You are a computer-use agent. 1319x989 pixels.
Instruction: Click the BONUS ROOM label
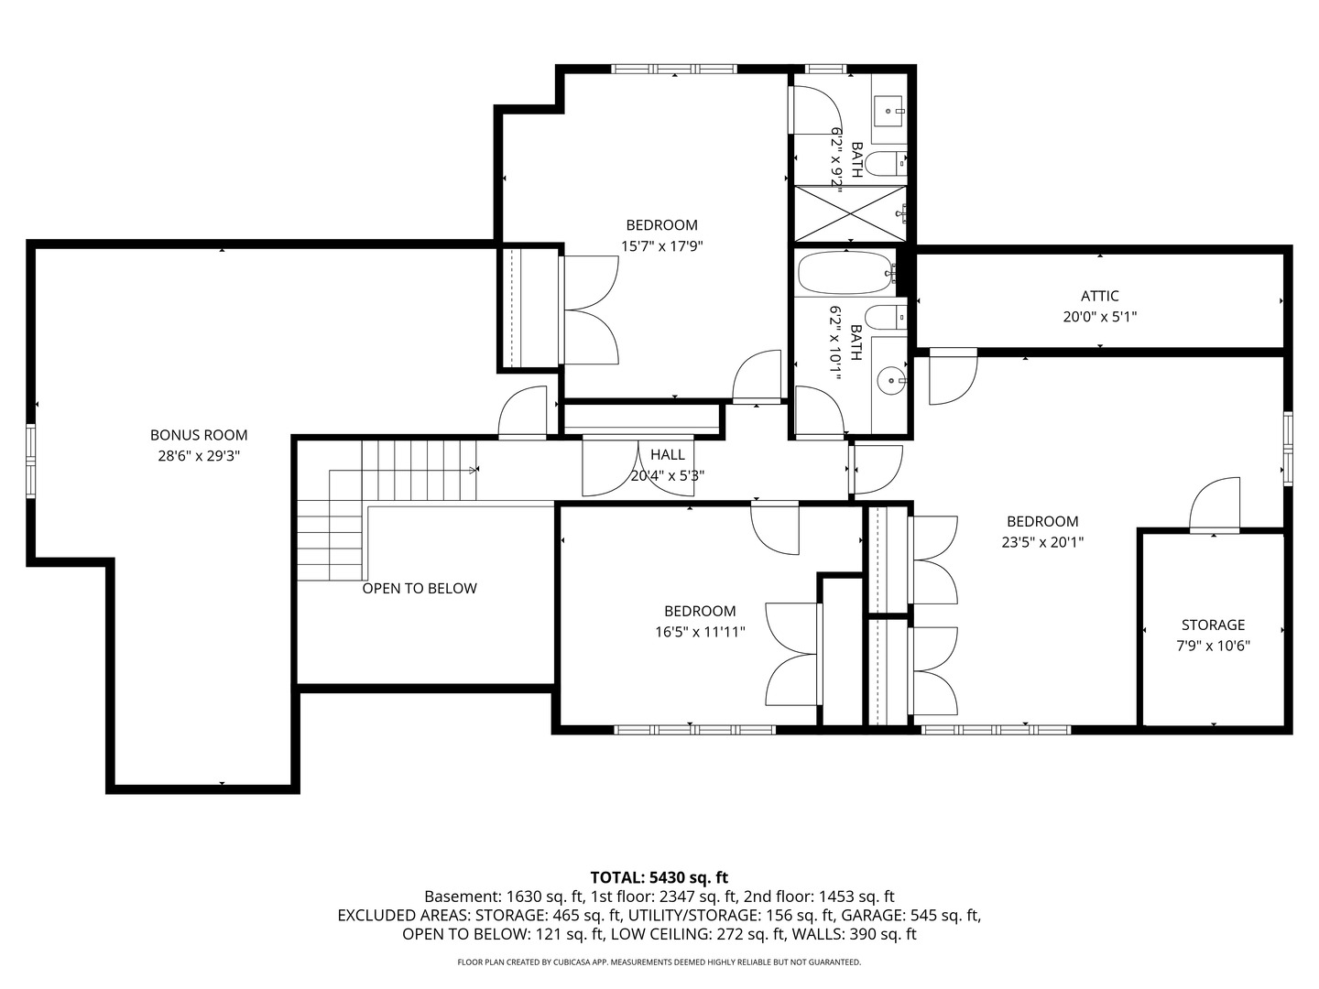pyautogui.click(x=199, y=435)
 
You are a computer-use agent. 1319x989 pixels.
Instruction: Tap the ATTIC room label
pyautogui.click(x=1099, y=296)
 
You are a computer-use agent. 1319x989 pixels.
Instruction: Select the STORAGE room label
pyautogui.click(x=1213, y=625)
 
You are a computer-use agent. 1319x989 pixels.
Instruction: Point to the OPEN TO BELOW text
pyautogui.click(x=419, y=588)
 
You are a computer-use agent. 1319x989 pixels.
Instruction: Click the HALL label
pyautogui.click(x=667, y=454)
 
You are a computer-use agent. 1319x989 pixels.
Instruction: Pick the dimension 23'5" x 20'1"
pyautogui.click(x=1042, y=541)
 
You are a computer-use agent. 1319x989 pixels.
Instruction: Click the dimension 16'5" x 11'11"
pyautogui.click(x=700, y=631)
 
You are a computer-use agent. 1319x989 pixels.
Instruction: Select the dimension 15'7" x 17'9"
pyautogui.click(x=661, y=245)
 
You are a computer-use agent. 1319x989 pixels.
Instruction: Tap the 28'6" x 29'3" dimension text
pyautogui.click(x=199, y=455)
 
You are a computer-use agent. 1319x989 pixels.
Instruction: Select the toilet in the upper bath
pyautogui.click(x=885, y=165)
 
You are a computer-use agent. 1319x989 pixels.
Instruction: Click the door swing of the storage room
pyautogui.click(x=1215, y=505)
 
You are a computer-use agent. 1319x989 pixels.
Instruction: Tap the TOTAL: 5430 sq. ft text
pyautogui.click(x=659, y=877)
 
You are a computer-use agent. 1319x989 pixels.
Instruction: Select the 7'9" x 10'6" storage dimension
pyautogui.click(x=1213, y=645)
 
